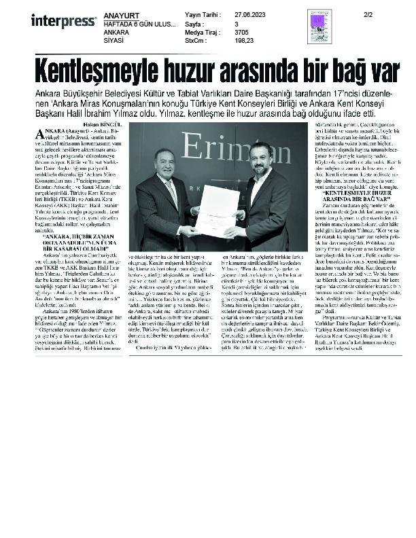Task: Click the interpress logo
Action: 63,20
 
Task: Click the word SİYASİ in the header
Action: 114,40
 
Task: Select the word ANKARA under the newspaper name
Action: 116,31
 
